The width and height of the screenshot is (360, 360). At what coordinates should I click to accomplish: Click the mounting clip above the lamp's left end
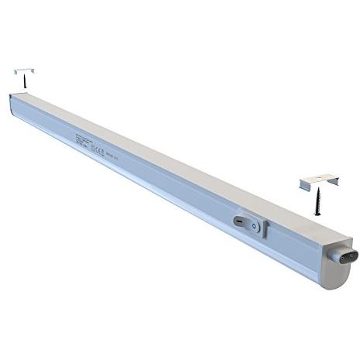pos(23,70)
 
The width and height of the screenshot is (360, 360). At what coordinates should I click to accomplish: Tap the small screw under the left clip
pos(24,81)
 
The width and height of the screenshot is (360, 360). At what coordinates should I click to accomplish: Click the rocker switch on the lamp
pos(249,223)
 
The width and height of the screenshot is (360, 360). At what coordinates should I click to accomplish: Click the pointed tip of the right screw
pos(318,214)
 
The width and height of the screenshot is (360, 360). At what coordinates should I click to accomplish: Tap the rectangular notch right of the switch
pos(265,228)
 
